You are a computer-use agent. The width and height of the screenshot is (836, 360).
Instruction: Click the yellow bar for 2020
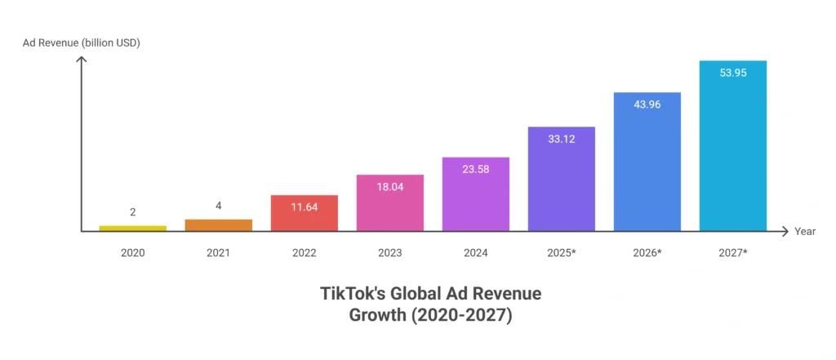click(132, 229)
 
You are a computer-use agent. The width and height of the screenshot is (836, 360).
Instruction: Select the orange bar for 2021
click(219, 225)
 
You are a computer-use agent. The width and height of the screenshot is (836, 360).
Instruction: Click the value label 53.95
click(733, 72)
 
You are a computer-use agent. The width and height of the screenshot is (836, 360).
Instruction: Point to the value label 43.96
click(647, 104)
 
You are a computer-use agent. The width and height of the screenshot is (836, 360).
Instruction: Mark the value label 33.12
click(562, 138)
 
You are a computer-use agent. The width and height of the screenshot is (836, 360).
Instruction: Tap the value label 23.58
click(476, 169)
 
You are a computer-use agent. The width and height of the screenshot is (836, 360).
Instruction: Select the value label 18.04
click(389, 186)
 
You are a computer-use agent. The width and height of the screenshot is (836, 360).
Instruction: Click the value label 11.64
click(305, 207)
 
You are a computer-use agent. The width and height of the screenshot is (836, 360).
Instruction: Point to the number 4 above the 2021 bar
click(219, 206)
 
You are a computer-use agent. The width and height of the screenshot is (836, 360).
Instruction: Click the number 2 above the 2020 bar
click(132, 212)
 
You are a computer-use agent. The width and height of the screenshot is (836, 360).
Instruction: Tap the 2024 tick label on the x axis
click(476, 253)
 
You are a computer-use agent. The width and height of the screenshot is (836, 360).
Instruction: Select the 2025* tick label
click(562, 253)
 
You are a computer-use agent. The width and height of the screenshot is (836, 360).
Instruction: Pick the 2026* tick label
click(647, 253)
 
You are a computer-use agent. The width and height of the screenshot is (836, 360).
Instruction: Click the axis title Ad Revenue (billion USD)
click(81, 42)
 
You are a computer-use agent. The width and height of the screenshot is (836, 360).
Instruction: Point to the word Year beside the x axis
click(805, 232)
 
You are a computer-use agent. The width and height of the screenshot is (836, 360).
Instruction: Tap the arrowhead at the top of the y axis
click(81, 60)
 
